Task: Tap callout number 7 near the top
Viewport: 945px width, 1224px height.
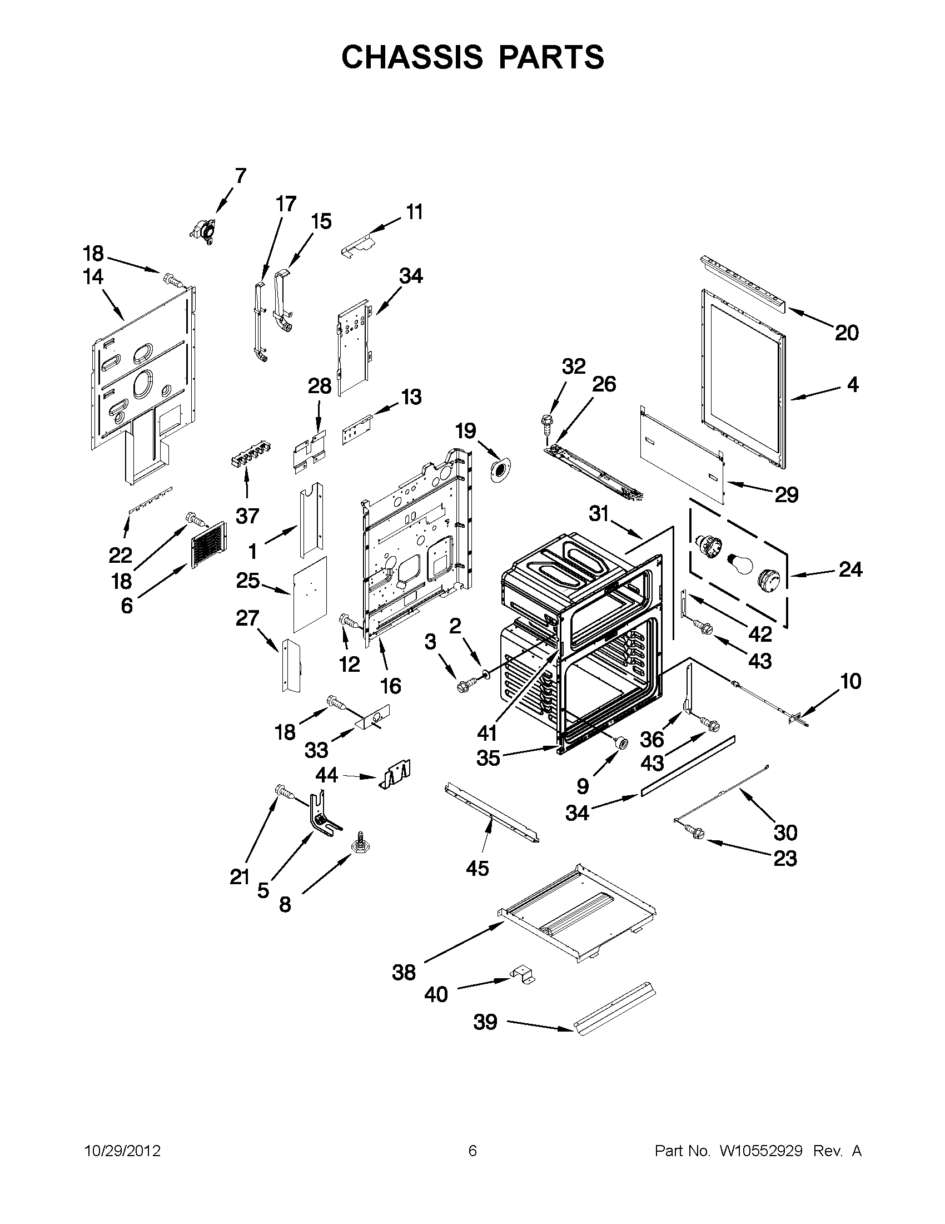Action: [240, 175]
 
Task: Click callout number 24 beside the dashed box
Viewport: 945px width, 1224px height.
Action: [850, 569]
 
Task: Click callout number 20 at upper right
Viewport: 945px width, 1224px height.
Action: [847, 333]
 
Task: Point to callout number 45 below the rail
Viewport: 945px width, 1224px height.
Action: [478, 868]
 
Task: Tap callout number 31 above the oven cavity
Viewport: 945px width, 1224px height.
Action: [599, 513]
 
